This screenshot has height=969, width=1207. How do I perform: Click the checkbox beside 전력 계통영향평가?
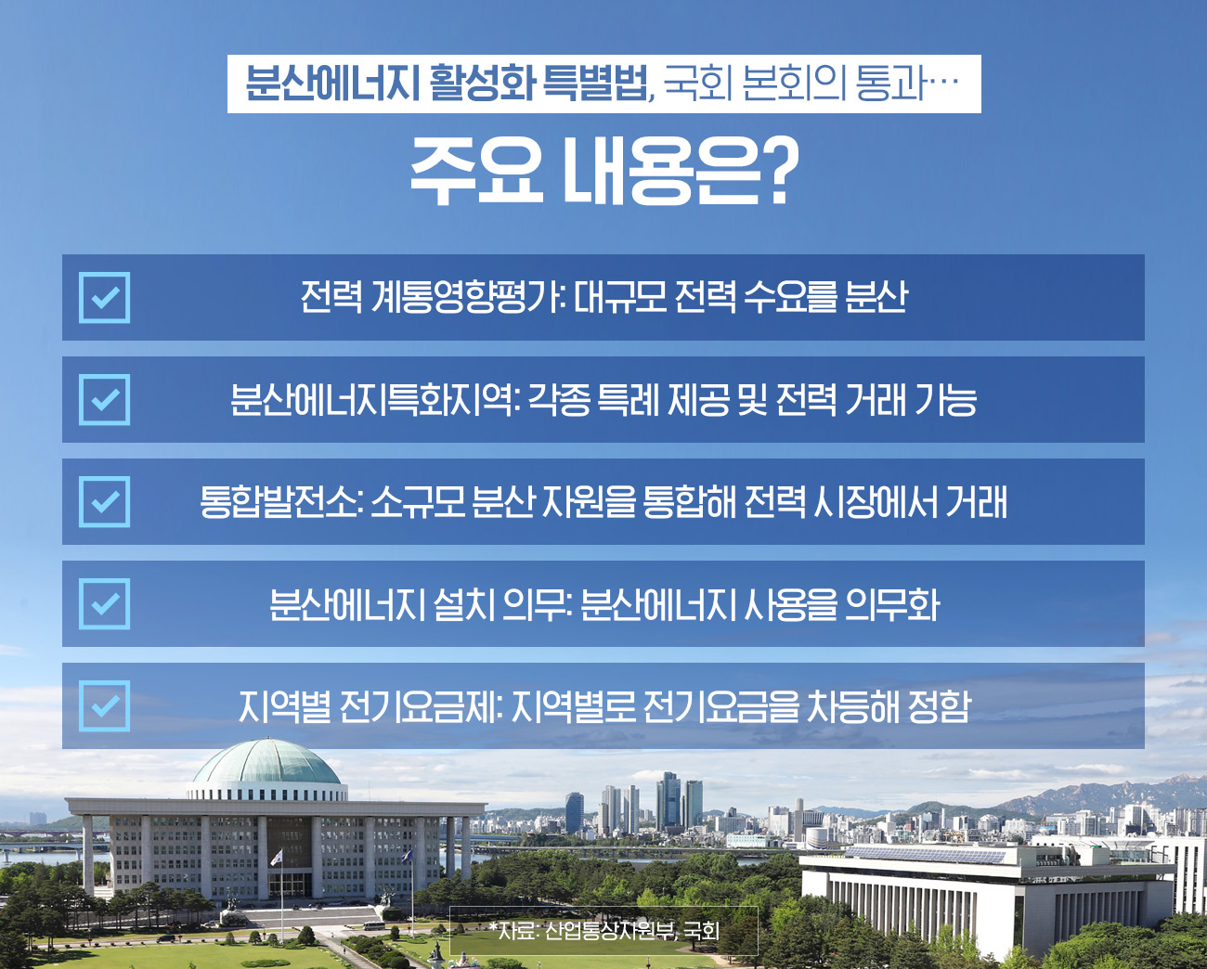[x=104, y=298]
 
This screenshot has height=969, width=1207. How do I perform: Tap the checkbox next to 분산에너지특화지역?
[x=104, y=400]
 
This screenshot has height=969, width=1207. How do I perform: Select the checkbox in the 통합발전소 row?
[x=104, y=502]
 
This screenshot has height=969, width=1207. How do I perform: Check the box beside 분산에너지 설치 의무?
[x=104, y=604]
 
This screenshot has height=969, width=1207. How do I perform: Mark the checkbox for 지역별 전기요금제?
[x=104, y=706]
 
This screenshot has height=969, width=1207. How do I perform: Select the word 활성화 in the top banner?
[x=482, y=84]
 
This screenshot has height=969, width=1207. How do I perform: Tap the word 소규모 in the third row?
[x=417, y=502]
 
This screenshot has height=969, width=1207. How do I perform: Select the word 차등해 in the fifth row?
[x=850, y=706]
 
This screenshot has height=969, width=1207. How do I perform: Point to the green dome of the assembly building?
[x=267, y=763]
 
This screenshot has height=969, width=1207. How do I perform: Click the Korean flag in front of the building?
[x=277, y=858]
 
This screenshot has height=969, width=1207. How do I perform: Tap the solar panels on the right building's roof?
[x=926, y=855]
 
